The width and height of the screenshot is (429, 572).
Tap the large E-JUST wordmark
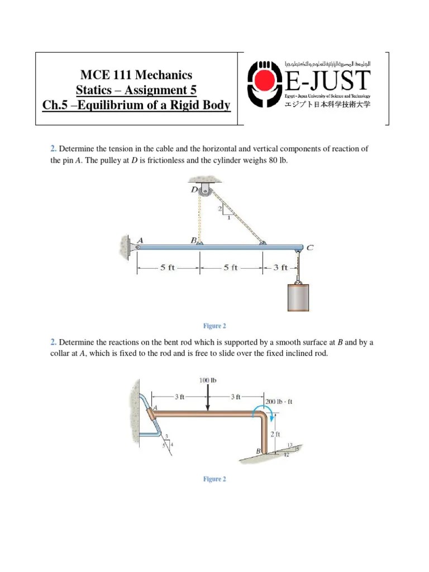328,81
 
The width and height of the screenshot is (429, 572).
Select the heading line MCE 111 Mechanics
136,75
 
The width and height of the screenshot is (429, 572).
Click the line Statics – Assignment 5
136,90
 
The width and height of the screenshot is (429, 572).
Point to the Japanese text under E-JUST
328,104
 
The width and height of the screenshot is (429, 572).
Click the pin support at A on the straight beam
136,245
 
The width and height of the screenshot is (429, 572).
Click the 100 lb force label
208,380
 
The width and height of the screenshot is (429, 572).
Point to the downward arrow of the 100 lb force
208,399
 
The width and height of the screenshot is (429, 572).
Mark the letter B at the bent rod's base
258,450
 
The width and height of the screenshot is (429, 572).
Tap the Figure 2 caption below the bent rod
214,479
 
